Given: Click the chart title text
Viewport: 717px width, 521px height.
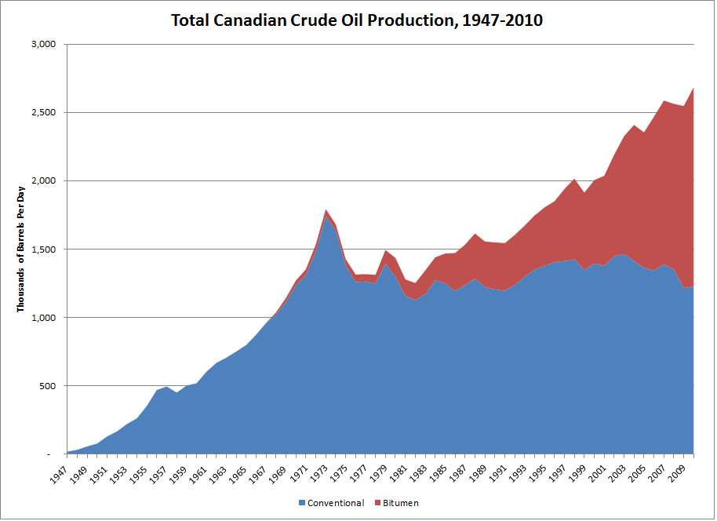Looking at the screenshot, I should click(x=357, y=20).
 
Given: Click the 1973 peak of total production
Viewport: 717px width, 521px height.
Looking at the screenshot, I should click(x=326, y=209).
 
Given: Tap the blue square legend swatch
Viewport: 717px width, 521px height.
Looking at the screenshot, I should click(x=302, y=503).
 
